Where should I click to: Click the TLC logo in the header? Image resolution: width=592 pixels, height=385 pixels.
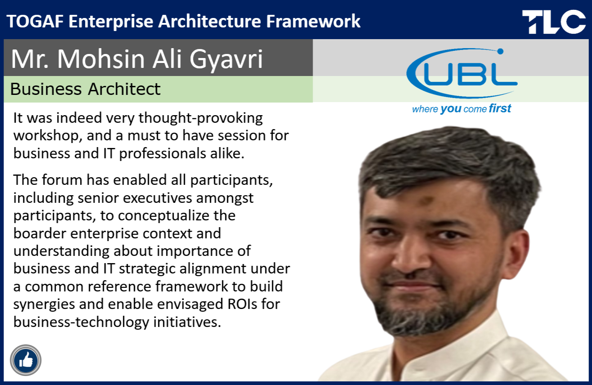point(554,22)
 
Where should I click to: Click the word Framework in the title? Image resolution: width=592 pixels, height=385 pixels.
point(313,21)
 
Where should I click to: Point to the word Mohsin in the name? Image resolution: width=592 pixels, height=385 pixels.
point(101,58)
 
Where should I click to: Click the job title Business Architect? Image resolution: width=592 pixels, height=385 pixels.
point(85,89)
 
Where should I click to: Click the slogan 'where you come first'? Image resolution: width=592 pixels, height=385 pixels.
point(462,108)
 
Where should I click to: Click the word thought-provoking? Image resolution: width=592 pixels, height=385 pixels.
point(201,118)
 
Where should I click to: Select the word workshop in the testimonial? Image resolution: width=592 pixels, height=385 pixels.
point(48,135)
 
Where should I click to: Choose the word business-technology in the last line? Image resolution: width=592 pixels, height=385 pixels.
point(81,322)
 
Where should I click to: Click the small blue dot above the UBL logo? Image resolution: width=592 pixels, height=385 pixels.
point(500,51)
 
